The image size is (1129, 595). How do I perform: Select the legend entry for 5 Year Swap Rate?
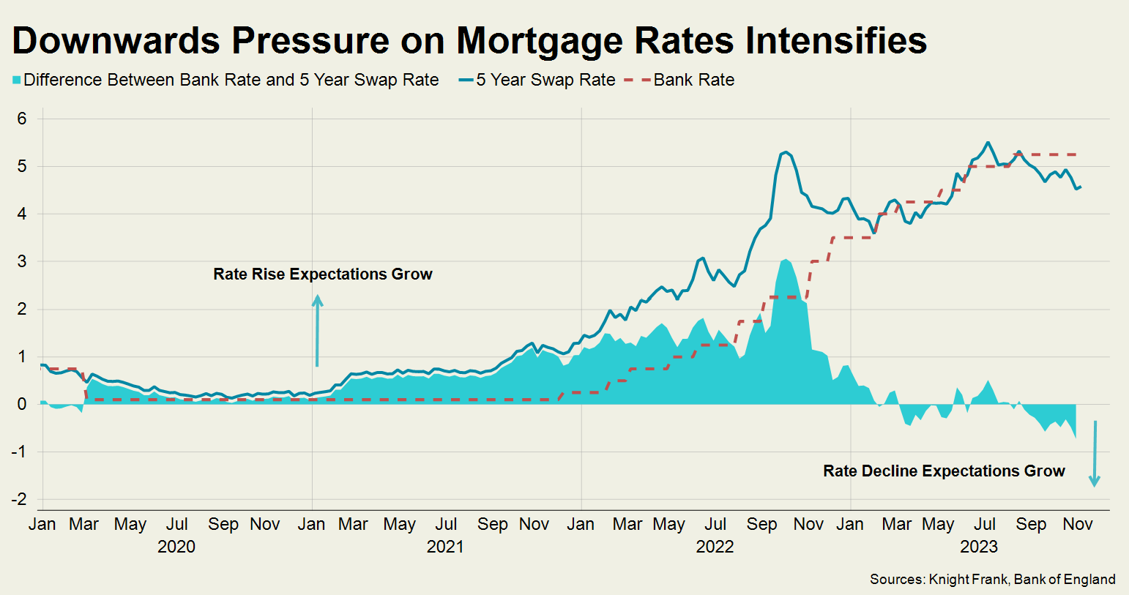(x=545, y=81)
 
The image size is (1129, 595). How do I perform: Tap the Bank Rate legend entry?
(x=693, y=81)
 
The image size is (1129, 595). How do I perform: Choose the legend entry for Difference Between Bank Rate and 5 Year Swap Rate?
(x=231, y=81)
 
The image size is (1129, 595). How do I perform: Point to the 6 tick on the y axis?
(x=22, y=119)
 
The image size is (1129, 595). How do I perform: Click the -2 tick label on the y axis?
(x=20, y=499)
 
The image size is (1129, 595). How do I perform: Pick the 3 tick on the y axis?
(x=22, y=261)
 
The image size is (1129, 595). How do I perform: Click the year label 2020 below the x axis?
(x=176, y=547)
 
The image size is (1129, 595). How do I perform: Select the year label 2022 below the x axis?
(x=715, y=547)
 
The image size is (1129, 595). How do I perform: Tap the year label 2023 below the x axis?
(x=978, y=547)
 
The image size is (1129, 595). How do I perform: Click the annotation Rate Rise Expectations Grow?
(x=323, y=274)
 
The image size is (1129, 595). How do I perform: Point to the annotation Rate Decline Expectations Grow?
(x=944, y=471)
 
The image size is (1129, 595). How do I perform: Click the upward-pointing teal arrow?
(x=317, y=329)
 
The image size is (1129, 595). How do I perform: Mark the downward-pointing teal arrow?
(x=1095, y=454)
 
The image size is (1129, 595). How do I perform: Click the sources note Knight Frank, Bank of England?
(x=992, y=580)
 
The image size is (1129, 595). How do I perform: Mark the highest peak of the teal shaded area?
(x=785, y=260)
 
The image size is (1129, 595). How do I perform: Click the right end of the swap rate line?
(x=1081, y=187)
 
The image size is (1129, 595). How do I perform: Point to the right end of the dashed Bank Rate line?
(x=1076, y=154)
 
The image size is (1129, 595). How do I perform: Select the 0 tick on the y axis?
(x=22, y=404)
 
